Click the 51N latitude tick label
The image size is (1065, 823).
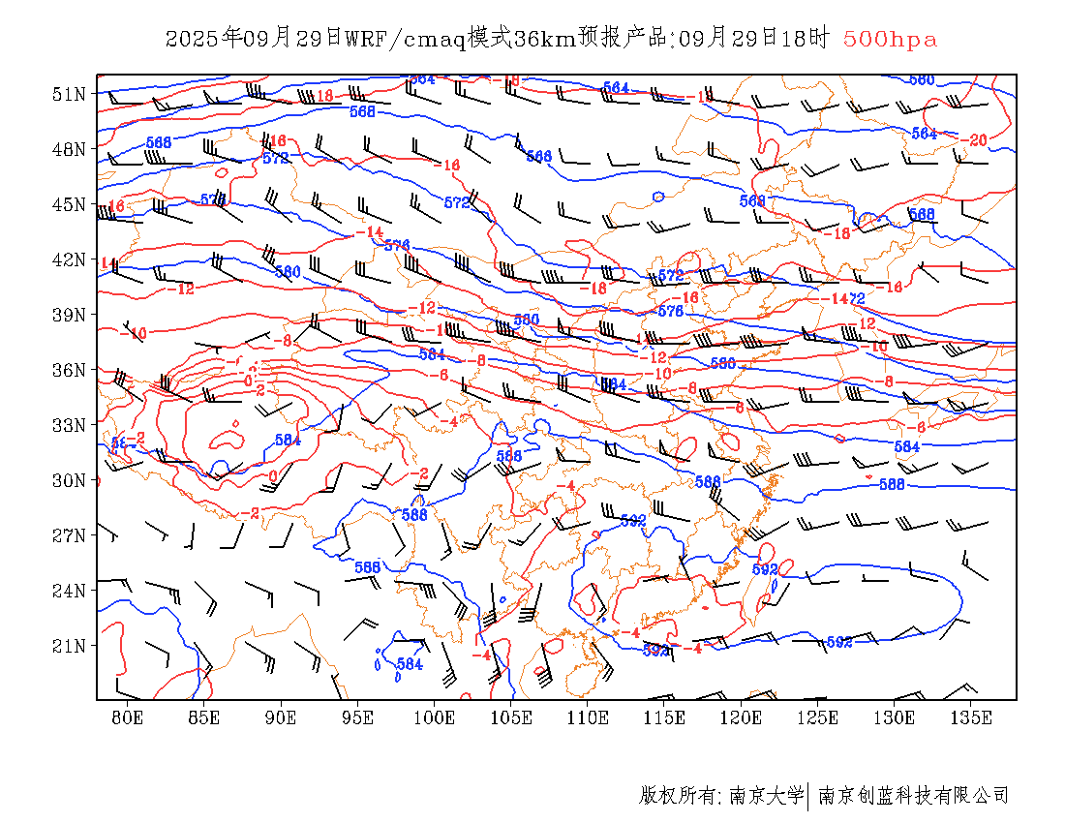tap(69, 94)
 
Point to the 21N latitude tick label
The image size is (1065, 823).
tap(69, 646)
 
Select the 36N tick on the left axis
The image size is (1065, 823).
tap(69, 370)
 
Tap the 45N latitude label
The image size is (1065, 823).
tap(69, 204)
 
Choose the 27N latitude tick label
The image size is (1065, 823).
tap(69, 535)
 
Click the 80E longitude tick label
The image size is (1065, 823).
tap(127, 717)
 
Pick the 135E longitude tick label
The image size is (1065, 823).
tap(971, 717)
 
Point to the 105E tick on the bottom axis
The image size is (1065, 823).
tap(511, 717)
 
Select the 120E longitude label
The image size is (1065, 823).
tap(741, 717)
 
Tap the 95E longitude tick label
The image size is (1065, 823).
tap(357, 717)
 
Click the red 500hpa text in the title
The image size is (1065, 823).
tap(890, 40)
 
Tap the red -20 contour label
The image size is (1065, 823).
tap(976, 140)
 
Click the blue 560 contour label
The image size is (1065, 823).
tap(922, 79)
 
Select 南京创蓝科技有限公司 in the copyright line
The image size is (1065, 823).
tap(914, 796)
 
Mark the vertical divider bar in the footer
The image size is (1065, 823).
tap(808, 796)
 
